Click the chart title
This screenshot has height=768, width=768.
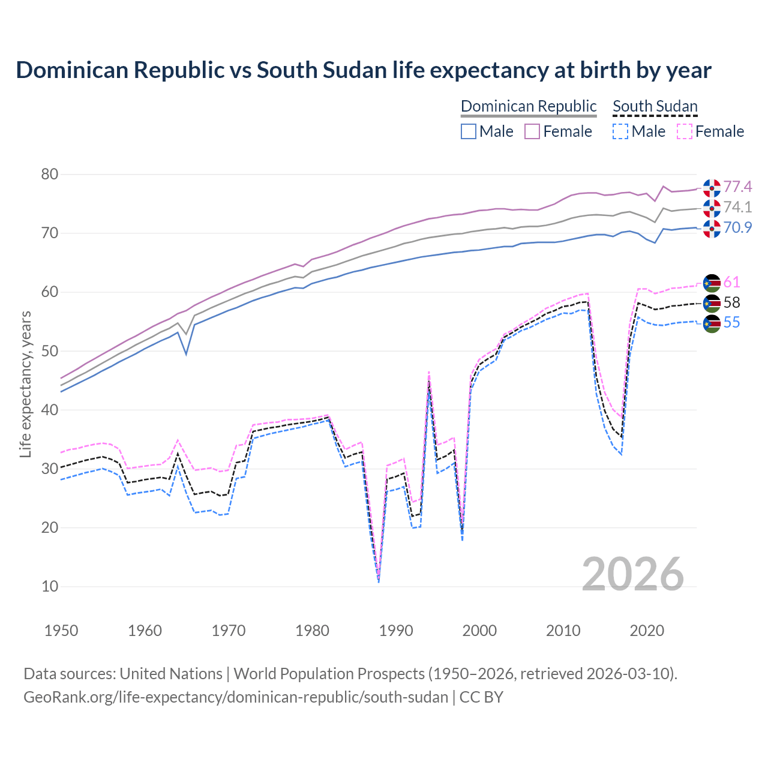(363, 70)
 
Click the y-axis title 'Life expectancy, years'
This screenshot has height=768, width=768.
(25, 384)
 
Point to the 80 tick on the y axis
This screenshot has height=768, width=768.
(50, 175)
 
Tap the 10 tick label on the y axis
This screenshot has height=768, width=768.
(50, 586)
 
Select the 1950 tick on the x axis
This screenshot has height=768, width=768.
(61, 631)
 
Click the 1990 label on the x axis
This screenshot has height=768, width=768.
(396, 631)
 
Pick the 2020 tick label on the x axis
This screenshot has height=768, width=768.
(647, 631)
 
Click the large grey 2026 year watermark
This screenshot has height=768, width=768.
(633, 574)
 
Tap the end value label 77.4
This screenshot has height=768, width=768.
(737, 187)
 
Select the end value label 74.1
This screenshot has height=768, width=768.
(737, 208)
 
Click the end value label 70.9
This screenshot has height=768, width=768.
(737, 228)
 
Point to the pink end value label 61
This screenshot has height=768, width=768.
(732, 283)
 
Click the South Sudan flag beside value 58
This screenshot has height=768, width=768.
(712, 303)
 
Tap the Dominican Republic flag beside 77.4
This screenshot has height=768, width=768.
(712, 188)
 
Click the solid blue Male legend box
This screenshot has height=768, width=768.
(469, 131)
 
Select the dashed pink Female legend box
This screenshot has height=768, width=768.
(685, 131)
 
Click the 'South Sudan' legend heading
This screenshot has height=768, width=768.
(655, 107)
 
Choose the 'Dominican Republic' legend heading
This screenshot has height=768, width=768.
(529, 107)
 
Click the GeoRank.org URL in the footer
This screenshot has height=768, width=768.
(236, 697)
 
